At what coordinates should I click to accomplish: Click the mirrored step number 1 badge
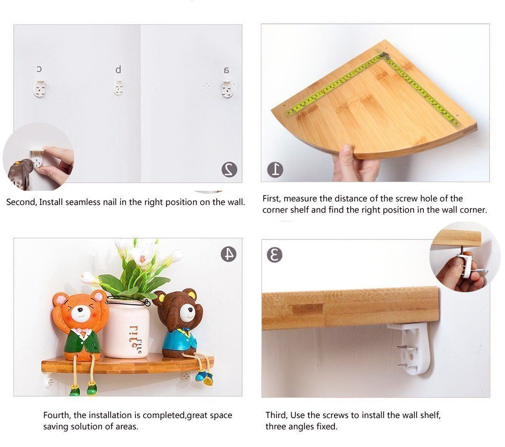276,170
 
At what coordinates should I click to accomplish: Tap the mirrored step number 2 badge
229,169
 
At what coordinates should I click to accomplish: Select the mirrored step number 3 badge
275,255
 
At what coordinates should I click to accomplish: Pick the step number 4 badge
229,254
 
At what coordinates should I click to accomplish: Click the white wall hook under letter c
39,89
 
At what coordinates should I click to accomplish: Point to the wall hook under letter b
119,88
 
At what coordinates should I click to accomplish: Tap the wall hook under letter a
227,89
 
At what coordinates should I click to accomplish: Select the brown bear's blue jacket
179,341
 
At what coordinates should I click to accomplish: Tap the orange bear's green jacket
82,341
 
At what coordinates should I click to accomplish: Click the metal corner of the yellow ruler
385,55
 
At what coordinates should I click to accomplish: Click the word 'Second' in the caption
21,202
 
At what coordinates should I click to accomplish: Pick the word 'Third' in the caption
276,415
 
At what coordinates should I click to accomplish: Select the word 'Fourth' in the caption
57,415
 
